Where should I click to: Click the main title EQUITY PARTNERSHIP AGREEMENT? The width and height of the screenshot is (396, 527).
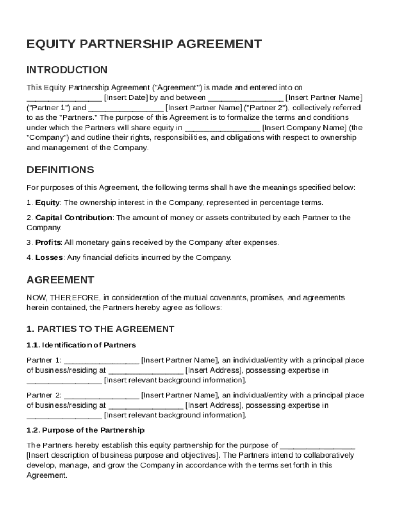(x=144, y=44)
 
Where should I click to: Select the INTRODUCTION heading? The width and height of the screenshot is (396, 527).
(x=67, y=70)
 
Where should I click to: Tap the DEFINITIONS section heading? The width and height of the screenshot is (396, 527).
(x=60, y=170)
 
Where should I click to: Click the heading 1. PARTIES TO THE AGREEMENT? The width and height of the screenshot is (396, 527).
(x=100, y=329)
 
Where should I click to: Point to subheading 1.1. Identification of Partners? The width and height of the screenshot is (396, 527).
(x=81, y=345)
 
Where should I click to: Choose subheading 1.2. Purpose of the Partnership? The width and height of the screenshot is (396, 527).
(x=85, y=430)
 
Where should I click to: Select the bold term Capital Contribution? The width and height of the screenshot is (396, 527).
(x=74, y=218)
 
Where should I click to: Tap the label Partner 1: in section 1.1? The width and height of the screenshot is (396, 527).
(x=44, y=360)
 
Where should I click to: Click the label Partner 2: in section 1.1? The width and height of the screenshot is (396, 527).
(x=44, y=395)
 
